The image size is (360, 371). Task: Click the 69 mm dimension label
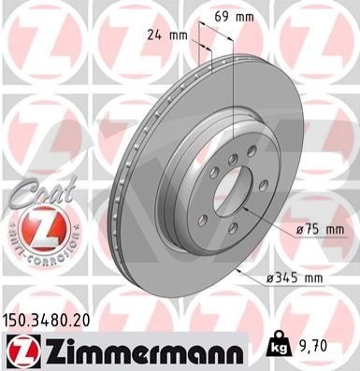[234, 17]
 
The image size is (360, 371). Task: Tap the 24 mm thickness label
[167, 36]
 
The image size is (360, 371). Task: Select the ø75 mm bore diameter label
[320, 230]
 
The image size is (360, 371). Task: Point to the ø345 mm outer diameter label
[295, 277]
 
